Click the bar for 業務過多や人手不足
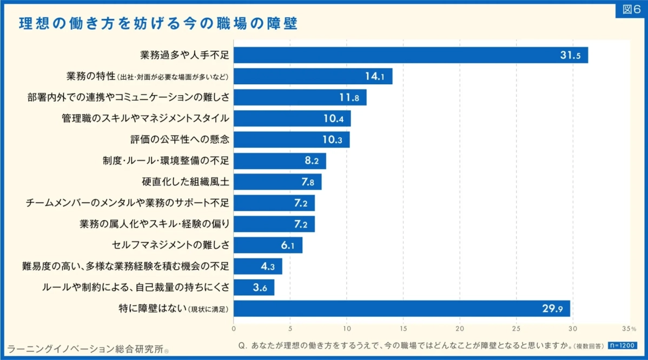click(411, 55)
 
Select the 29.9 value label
click(553, 309)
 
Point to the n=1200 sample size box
click(623, 345)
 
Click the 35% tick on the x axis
click(629, 328)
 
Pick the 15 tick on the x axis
click(404, 328)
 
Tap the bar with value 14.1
click(313, 76)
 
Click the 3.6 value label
click(260, 288)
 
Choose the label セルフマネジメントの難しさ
click(170, 245)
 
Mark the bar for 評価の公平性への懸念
click(292, 139)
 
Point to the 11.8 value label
click(349, 97)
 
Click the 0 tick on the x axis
click(234, 328)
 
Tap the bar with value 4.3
click(257, 266)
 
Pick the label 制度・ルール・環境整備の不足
click(166, 161)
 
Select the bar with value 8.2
click(280, 161)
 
